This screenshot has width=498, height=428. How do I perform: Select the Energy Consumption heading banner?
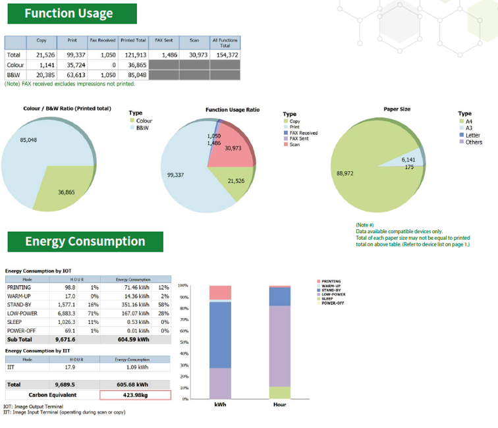[85, 241]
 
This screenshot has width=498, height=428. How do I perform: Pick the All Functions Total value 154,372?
[225, 55]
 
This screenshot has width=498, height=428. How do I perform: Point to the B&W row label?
[14, 75]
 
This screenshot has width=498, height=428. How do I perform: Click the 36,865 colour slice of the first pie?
[63, 188]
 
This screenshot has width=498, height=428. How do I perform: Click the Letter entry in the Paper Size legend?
[473, 135]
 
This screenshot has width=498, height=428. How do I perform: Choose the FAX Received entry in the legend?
[304, 133]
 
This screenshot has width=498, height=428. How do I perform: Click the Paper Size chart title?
[397, 109]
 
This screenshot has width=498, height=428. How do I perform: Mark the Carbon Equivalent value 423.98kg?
[135, 395]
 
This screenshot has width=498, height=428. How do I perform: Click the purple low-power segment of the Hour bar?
[280, 346]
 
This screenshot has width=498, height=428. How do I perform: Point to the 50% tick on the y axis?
[184, 342]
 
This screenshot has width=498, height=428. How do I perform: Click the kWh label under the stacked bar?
[220, 404]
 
